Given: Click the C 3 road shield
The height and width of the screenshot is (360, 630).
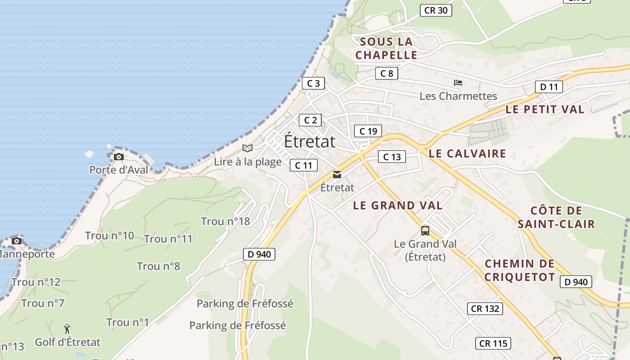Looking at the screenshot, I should pyautogui.click(x=313, y=83).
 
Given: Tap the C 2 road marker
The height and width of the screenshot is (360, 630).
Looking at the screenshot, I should pyautogui.click(x=310, y=120).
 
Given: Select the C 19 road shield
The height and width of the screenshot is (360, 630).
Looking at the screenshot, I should pyautogui.click(x=368, y=131).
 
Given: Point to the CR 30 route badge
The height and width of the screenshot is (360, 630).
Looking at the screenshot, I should pyautogui.click(x=436, y=10).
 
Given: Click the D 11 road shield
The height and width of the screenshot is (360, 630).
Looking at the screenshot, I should pyautogui.click(x=549, y=87).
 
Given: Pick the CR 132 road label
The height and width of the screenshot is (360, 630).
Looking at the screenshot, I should pyautogui.click(x=485, y=309).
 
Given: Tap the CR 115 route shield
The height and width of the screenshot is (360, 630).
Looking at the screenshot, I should pyautogui.click(x=493, y=343).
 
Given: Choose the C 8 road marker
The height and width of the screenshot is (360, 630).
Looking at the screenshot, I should pyautogui.click(x=387, y=73).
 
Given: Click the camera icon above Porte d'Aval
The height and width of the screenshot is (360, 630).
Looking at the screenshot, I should pyautogui.click(x=119, y=157).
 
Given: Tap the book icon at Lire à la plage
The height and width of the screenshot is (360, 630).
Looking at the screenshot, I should pyautogui.click(x=247, y=148).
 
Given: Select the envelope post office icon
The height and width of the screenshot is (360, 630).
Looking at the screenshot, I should pyautogui.click(x=337, y=175).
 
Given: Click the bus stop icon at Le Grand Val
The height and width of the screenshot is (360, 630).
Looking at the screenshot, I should pyautogui.click(x=425, y=231).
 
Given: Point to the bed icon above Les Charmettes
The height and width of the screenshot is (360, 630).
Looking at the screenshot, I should pyautogui.click(x=458, y=83).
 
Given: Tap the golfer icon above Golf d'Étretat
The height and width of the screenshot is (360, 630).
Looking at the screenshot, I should pyautogui.click(x=67, y=329).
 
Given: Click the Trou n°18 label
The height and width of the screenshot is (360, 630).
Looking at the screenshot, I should pyautogui.click(x=225, y=221).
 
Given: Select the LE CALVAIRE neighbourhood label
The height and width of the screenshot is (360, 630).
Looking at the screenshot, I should pyautogui.click(x=467, y=153).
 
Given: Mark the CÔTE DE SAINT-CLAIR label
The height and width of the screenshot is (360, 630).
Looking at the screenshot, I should pyautogui.click(x=556, y=217).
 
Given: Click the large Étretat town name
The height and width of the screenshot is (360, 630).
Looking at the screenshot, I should pyautogui.click(x=310, y=141).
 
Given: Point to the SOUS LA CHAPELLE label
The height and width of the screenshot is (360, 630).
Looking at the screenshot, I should pyautogui.click(x=386, y=49).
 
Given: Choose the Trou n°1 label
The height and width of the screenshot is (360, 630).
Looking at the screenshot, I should pyautogui.click(x=127, y=322).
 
